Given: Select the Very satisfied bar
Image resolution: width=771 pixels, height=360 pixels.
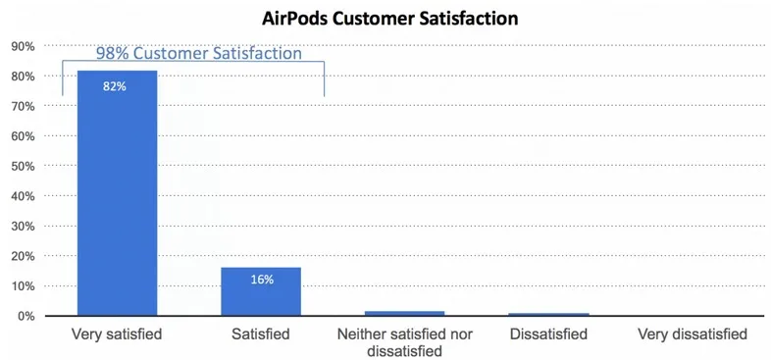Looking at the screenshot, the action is [x=117, y=193].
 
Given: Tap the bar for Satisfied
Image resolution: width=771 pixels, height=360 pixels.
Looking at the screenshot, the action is [x=261, y=291].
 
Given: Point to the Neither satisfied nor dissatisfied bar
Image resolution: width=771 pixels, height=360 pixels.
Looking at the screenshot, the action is [x=404, y=313].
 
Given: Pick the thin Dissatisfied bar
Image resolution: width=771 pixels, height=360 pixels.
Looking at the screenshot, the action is [x=548, y=314].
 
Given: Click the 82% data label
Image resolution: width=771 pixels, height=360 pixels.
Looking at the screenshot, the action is [x=115, y=87].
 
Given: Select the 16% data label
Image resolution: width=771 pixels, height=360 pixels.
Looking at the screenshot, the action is [x=262, y=280].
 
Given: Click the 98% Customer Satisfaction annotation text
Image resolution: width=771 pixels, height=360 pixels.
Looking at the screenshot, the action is [x=199, y=53].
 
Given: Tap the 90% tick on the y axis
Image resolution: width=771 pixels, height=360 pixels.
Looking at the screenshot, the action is [x=24, y=46].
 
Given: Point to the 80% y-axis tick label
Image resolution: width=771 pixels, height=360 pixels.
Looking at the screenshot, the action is [x=24, y=77].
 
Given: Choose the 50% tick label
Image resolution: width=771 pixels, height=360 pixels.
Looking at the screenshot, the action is [x=24, y=166].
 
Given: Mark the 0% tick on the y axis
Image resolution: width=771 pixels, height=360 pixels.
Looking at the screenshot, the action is [x=26, y=316].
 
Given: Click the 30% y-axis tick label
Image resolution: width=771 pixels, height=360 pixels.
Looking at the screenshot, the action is [x=24, y=227].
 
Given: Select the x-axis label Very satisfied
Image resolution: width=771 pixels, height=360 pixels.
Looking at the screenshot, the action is [x=117, y=334].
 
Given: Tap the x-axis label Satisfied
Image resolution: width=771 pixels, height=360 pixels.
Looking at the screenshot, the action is [x=261, y=334].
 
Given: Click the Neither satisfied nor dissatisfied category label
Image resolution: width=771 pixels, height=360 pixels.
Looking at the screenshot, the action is [x=405, y=343].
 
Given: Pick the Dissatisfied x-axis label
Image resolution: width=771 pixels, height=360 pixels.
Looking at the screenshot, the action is [x=548, y=334].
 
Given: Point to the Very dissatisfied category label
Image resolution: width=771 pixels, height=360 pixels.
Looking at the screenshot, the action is [x=693, y=334].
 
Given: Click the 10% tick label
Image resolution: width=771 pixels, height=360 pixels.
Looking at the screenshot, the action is [x=24, y=286].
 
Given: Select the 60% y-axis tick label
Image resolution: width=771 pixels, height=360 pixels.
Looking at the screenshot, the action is [x=24, y=136].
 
